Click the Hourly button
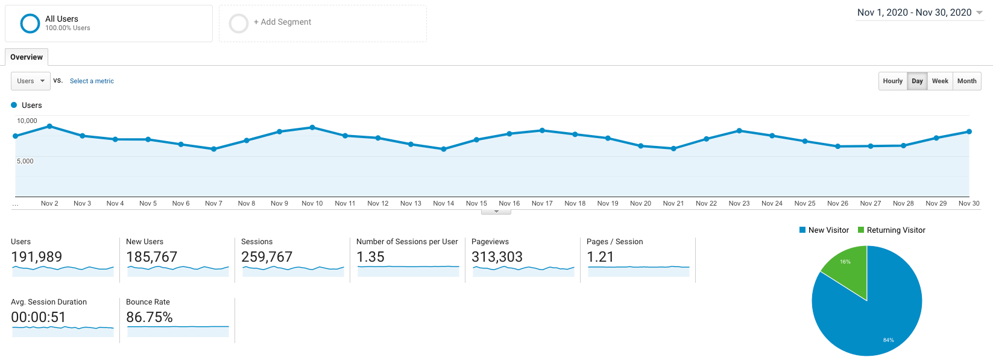tap(892, 81)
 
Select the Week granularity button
tap(940, 81)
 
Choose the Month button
tap(966, 81)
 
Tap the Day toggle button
tap(917, 81)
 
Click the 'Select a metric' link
tap(92, 81)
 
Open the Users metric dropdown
tap(31, 81)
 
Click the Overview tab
tap(27, 57)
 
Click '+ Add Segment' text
tap(282, 22)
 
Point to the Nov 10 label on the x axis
tap(312, 203)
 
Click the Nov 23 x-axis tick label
tap(739, 203)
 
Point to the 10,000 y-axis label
tap(27, 121)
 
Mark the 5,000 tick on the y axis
tap(25, 161)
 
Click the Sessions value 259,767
tap(266, 257)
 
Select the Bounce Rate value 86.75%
tap(150, 317)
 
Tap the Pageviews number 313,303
tap(497, 257)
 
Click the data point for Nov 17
tap(542, 130)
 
